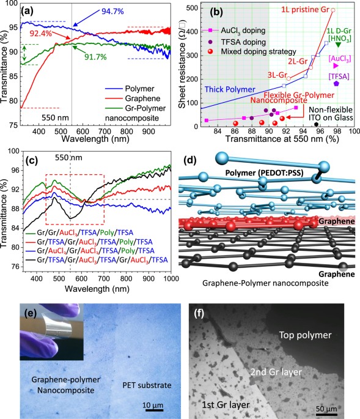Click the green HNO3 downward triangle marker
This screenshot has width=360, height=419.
(x=338, y=45)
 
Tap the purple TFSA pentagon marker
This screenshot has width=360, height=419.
(x=336, y=83)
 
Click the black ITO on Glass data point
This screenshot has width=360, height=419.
(x=316, y=124)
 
